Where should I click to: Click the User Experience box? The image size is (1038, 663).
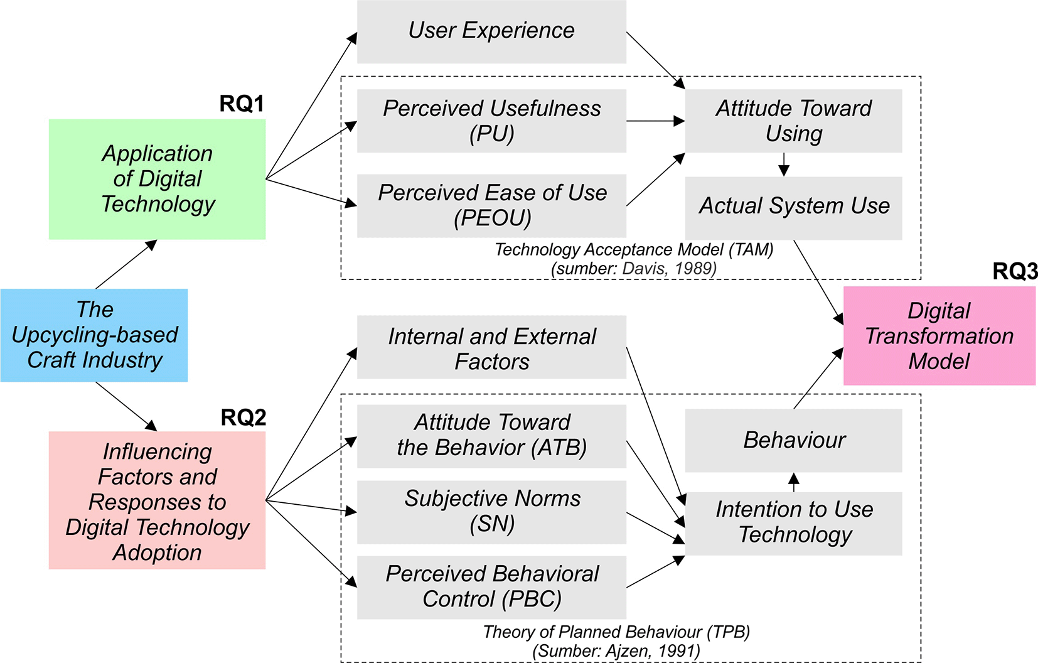coord(491,31)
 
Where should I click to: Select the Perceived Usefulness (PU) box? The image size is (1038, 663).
coord(491,121)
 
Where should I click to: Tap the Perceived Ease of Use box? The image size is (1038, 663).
coord(491,205)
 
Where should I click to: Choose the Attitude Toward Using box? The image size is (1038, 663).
coord(793,121)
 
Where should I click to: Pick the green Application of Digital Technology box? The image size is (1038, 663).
coord(157,179)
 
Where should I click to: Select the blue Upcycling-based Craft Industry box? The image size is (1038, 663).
coord(94,335)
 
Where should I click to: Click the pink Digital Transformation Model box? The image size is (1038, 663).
coord(939,336)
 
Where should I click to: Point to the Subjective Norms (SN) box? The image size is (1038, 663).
coord(491,512)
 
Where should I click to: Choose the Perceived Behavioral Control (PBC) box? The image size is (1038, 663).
coord(491,587)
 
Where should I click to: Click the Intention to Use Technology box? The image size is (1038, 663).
coord(793,523)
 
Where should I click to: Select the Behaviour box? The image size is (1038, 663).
coord(793,440)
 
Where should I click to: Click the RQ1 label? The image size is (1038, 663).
coord(242,104)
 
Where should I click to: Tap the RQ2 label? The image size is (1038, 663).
coord(243,418)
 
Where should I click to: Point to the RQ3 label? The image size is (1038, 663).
coord(1015,271)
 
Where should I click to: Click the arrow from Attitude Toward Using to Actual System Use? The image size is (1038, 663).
coord(784,164)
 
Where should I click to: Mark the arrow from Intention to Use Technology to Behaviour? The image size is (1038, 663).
coord(794,482)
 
